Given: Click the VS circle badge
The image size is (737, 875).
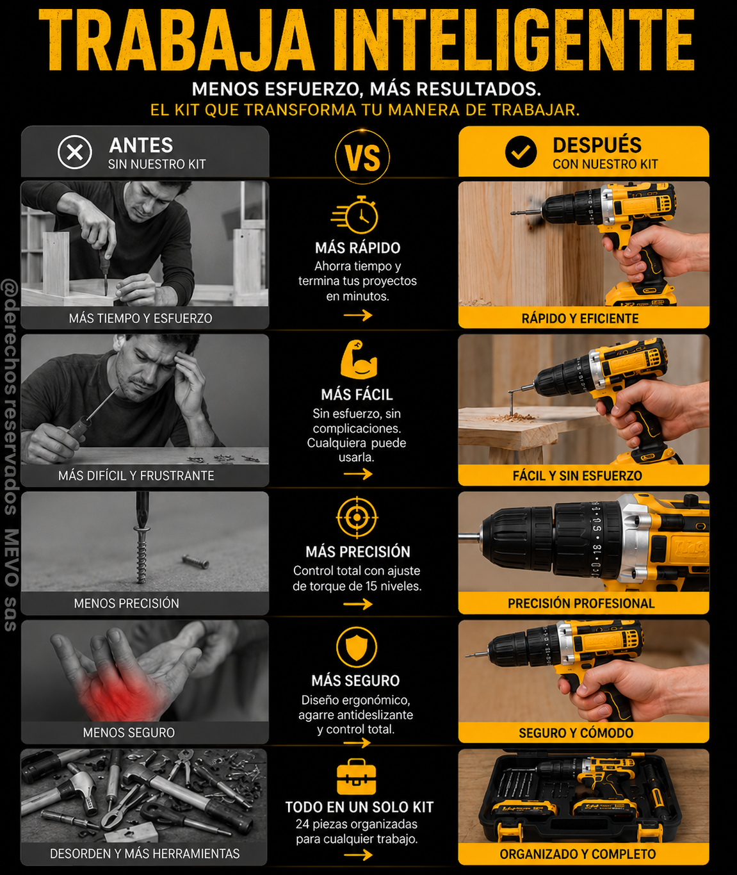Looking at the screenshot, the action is pyautogui.click(x=362, y=157).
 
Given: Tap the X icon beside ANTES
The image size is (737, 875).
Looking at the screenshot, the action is pyautogui.click(x=74, y=152).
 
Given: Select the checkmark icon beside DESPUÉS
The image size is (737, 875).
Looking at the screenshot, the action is pyautogui.click(x=521, y=152).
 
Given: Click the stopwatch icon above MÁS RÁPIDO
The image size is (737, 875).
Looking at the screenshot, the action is pyautogui.click(x=355, y=215).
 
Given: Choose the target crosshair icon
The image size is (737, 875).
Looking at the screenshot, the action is pyautogui.click(x=357, y=518).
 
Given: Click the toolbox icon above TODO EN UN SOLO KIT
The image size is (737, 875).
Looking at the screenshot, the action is pyautogui.click(x=356, y=776).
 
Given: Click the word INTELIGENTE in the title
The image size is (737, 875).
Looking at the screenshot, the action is pyautogui.click(x=514, y=41).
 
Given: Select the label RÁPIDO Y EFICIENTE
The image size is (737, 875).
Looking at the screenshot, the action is pyautogui.click(x=580, y=319).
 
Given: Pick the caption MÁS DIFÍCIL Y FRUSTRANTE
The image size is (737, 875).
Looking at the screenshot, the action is pyautogui.click(x=136, y=476).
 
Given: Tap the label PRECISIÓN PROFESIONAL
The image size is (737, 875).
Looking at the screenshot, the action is pyautogui.click(x=581, y=603).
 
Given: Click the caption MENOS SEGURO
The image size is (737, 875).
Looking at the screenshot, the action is pyautogui.click(x=129, y=733).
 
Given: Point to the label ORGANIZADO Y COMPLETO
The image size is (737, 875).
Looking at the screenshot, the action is pyautogui.click(x=578, y=854).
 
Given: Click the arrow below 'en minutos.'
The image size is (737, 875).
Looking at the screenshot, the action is pyautogui.click(x=358, y=315).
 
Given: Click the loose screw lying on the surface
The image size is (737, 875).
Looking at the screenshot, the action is pyautogui.click(x=196, y=561).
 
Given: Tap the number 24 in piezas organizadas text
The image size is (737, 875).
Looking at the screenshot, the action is pyautogui.click(x=302, y=824).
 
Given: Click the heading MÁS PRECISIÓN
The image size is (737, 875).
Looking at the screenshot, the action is pyautogui.click(x=358, y=552).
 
